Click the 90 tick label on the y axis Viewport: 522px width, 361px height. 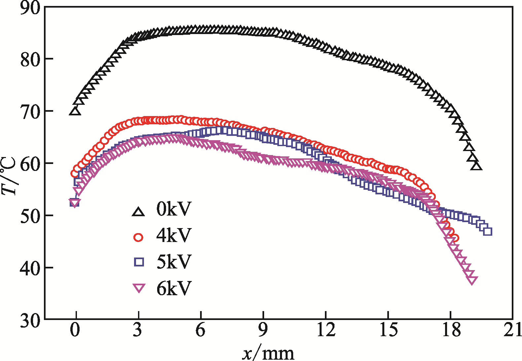click(30, 8)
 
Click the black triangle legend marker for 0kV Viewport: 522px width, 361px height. click(138, 212)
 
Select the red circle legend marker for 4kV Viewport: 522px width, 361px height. click(138, 237)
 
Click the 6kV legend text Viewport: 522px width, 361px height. click(174, 288)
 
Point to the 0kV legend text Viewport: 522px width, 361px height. click(174, 209)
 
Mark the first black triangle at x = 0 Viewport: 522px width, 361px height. click(75, 111)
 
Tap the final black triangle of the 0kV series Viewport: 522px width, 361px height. click(476, 166)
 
